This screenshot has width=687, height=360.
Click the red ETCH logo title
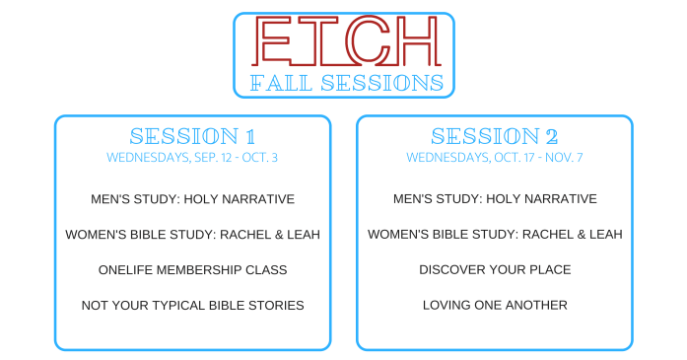[x=344, y=40]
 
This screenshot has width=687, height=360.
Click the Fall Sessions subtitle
[x=344, y=82]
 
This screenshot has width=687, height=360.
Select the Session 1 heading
[x=192, y=136]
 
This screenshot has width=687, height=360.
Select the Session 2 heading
[x=495, y=136]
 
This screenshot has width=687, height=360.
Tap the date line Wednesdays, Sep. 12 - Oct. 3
[x=192, y=157]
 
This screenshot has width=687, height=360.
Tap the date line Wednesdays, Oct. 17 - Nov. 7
[x=495, y=157]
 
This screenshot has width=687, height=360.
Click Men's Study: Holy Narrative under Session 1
[x=192, y=199]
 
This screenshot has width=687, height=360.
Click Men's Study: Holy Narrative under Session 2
[x=495, y=199]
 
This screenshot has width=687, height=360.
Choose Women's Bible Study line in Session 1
[x=192, y=235]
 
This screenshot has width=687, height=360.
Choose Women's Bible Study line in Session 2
[x=495, y=235]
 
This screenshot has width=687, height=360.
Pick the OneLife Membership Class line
[x=192, y=270]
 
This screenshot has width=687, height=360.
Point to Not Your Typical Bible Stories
[x=192, y=306]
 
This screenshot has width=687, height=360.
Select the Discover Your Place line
[x=495, y=270]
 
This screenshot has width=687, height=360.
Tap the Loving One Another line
[x=495, y=306]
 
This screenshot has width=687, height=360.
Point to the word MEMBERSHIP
[x=202, y=270]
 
